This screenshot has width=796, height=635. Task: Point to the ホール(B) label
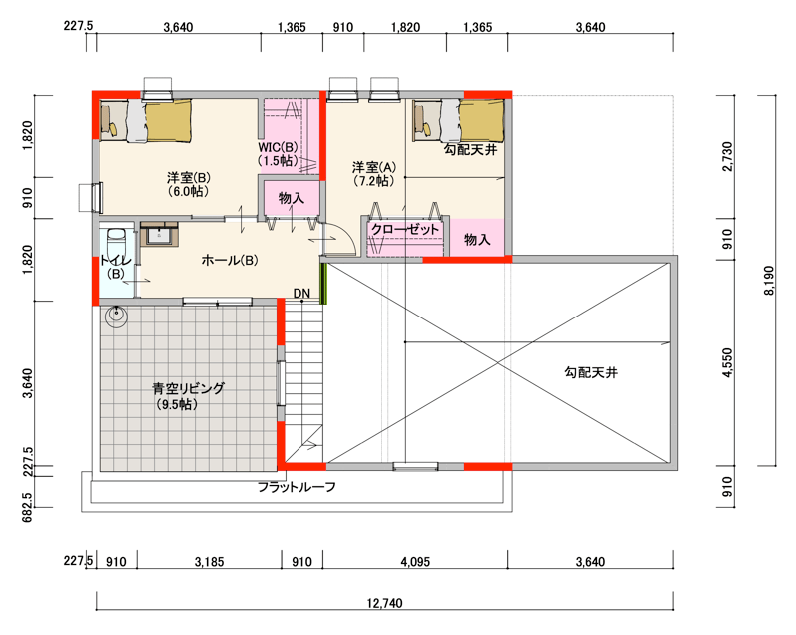click(x=230, y=260)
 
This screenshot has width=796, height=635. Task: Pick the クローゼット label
click(x=405, y=229)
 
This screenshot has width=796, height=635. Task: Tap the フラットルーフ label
click(x=297, y=487)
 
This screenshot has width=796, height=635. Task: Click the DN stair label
click(x=301, y=294)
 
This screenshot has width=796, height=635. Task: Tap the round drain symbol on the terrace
click(x=116, y=315)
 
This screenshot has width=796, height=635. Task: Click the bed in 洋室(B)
click(x=146, y=120)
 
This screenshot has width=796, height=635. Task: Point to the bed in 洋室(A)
click(x=459, y=120)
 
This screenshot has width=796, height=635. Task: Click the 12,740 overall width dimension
click(x=384, y=603)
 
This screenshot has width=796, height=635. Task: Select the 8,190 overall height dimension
click(x=769, y=280)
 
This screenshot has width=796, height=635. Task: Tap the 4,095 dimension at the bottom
click(x=415, y=562)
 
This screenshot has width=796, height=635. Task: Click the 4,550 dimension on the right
click(x=728, y=362)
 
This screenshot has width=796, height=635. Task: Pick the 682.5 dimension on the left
click(x=28, y=506)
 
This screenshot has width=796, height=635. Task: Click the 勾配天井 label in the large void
click(x=591, y=372)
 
